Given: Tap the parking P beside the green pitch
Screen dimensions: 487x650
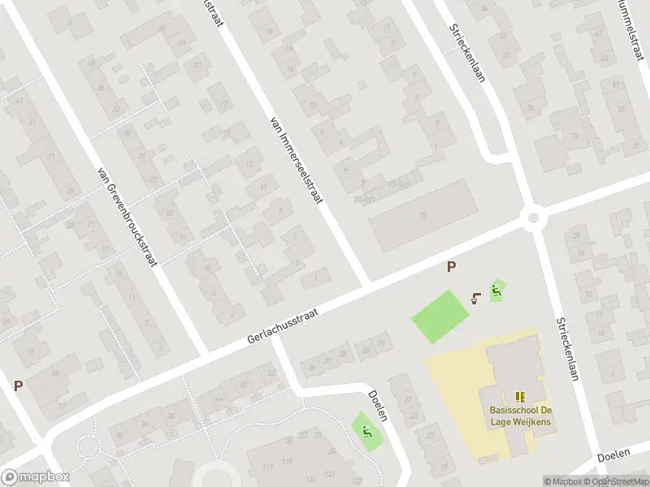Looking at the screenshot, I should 451,266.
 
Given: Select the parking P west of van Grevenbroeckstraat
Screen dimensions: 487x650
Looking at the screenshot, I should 17,386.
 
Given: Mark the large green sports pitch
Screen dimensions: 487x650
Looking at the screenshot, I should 440,316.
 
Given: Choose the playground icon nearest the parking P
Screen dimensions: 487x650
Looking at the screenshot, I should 496,290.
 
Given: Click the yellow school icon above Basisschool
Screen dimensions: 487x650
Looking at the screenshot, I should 520,397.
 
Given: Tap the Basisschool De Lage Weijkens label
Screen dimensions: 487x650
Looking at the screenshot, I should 520,416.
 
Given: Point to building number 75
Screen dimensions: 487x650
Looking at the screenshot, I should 422,215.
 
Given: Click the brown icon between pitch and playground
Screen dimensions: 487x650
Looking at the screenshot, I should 476,296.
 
